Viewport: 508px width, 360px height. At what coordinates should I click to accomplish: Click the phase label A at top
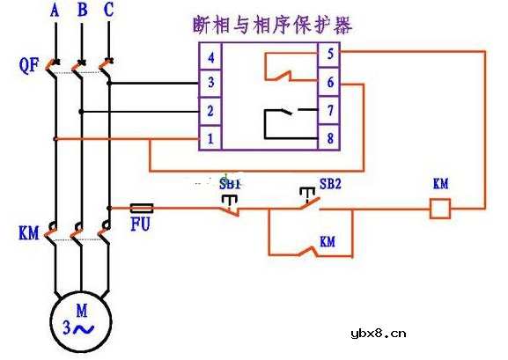(x=55, y=11)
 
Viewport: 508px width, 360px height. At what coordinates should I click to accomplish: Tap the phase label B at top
(x=82, y=11)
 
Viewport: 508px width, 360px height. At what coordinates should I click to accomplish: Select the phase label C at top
(x=108, y=11)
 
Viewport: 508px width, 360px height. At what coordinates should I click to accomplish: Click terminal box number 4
(x=210, y=57)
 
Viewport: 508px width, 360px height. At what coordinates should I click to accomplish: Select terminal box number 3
(x=210, y=84)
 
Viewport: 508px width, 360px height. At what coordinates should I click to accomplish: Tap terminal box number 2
(x=210, y=111)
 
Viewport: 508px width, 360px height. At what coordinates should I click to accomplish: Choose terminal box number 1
(x=210, y=138)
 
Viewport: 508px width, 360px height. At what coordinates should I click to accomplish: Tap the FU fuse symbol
(x=142, y=209)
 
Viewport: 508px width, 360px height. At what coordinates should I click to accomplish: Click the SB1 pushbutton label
(x=230, y=185)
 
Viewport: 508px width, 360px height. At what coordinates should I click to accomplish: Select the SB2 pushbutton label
(x=331, y=185)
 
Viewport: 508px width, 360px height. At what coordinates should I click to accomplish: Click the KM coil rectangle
(x=439, y=209)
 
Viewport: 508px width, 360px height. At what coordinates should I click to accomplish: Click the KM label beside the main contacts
(x=28, y=234)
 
